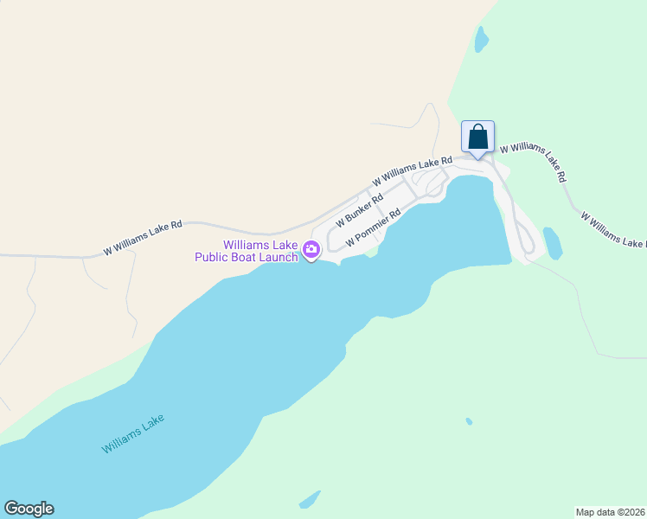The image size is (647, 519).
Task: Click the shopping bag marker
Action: coord(477,138)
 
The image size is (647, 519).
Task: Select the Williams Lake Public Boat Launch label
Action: coord(247,251)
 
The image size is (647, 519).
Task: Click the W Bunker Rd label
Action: coord(359,211)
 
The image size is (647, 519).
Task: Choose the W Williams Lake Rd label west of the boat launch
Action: coord(143,238)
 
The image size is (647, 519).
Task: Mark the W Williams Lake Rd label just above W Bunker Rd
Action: coord(413,170)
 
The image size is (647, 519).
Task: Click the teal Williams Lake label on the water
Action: coord(132,434)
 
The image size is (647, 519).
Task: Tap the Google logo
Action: coord(29,509)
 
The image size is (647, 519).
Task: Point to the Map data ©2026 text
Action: coord(610,512)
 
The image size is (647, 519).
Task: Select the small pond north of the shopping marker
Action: coord(480,39)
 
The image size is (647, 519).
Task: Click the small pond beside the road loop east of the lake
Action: coord(552,243)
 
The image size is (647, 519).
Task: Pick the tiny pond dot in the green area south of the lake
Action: coord(469,421)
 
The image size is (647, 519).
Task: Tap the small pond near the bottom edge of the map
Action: coord(310,500)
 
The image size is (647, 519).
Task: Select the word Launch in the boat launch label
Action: coord(276,257)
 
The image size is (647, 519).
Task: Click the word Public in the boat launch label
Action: coord(211,257)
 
